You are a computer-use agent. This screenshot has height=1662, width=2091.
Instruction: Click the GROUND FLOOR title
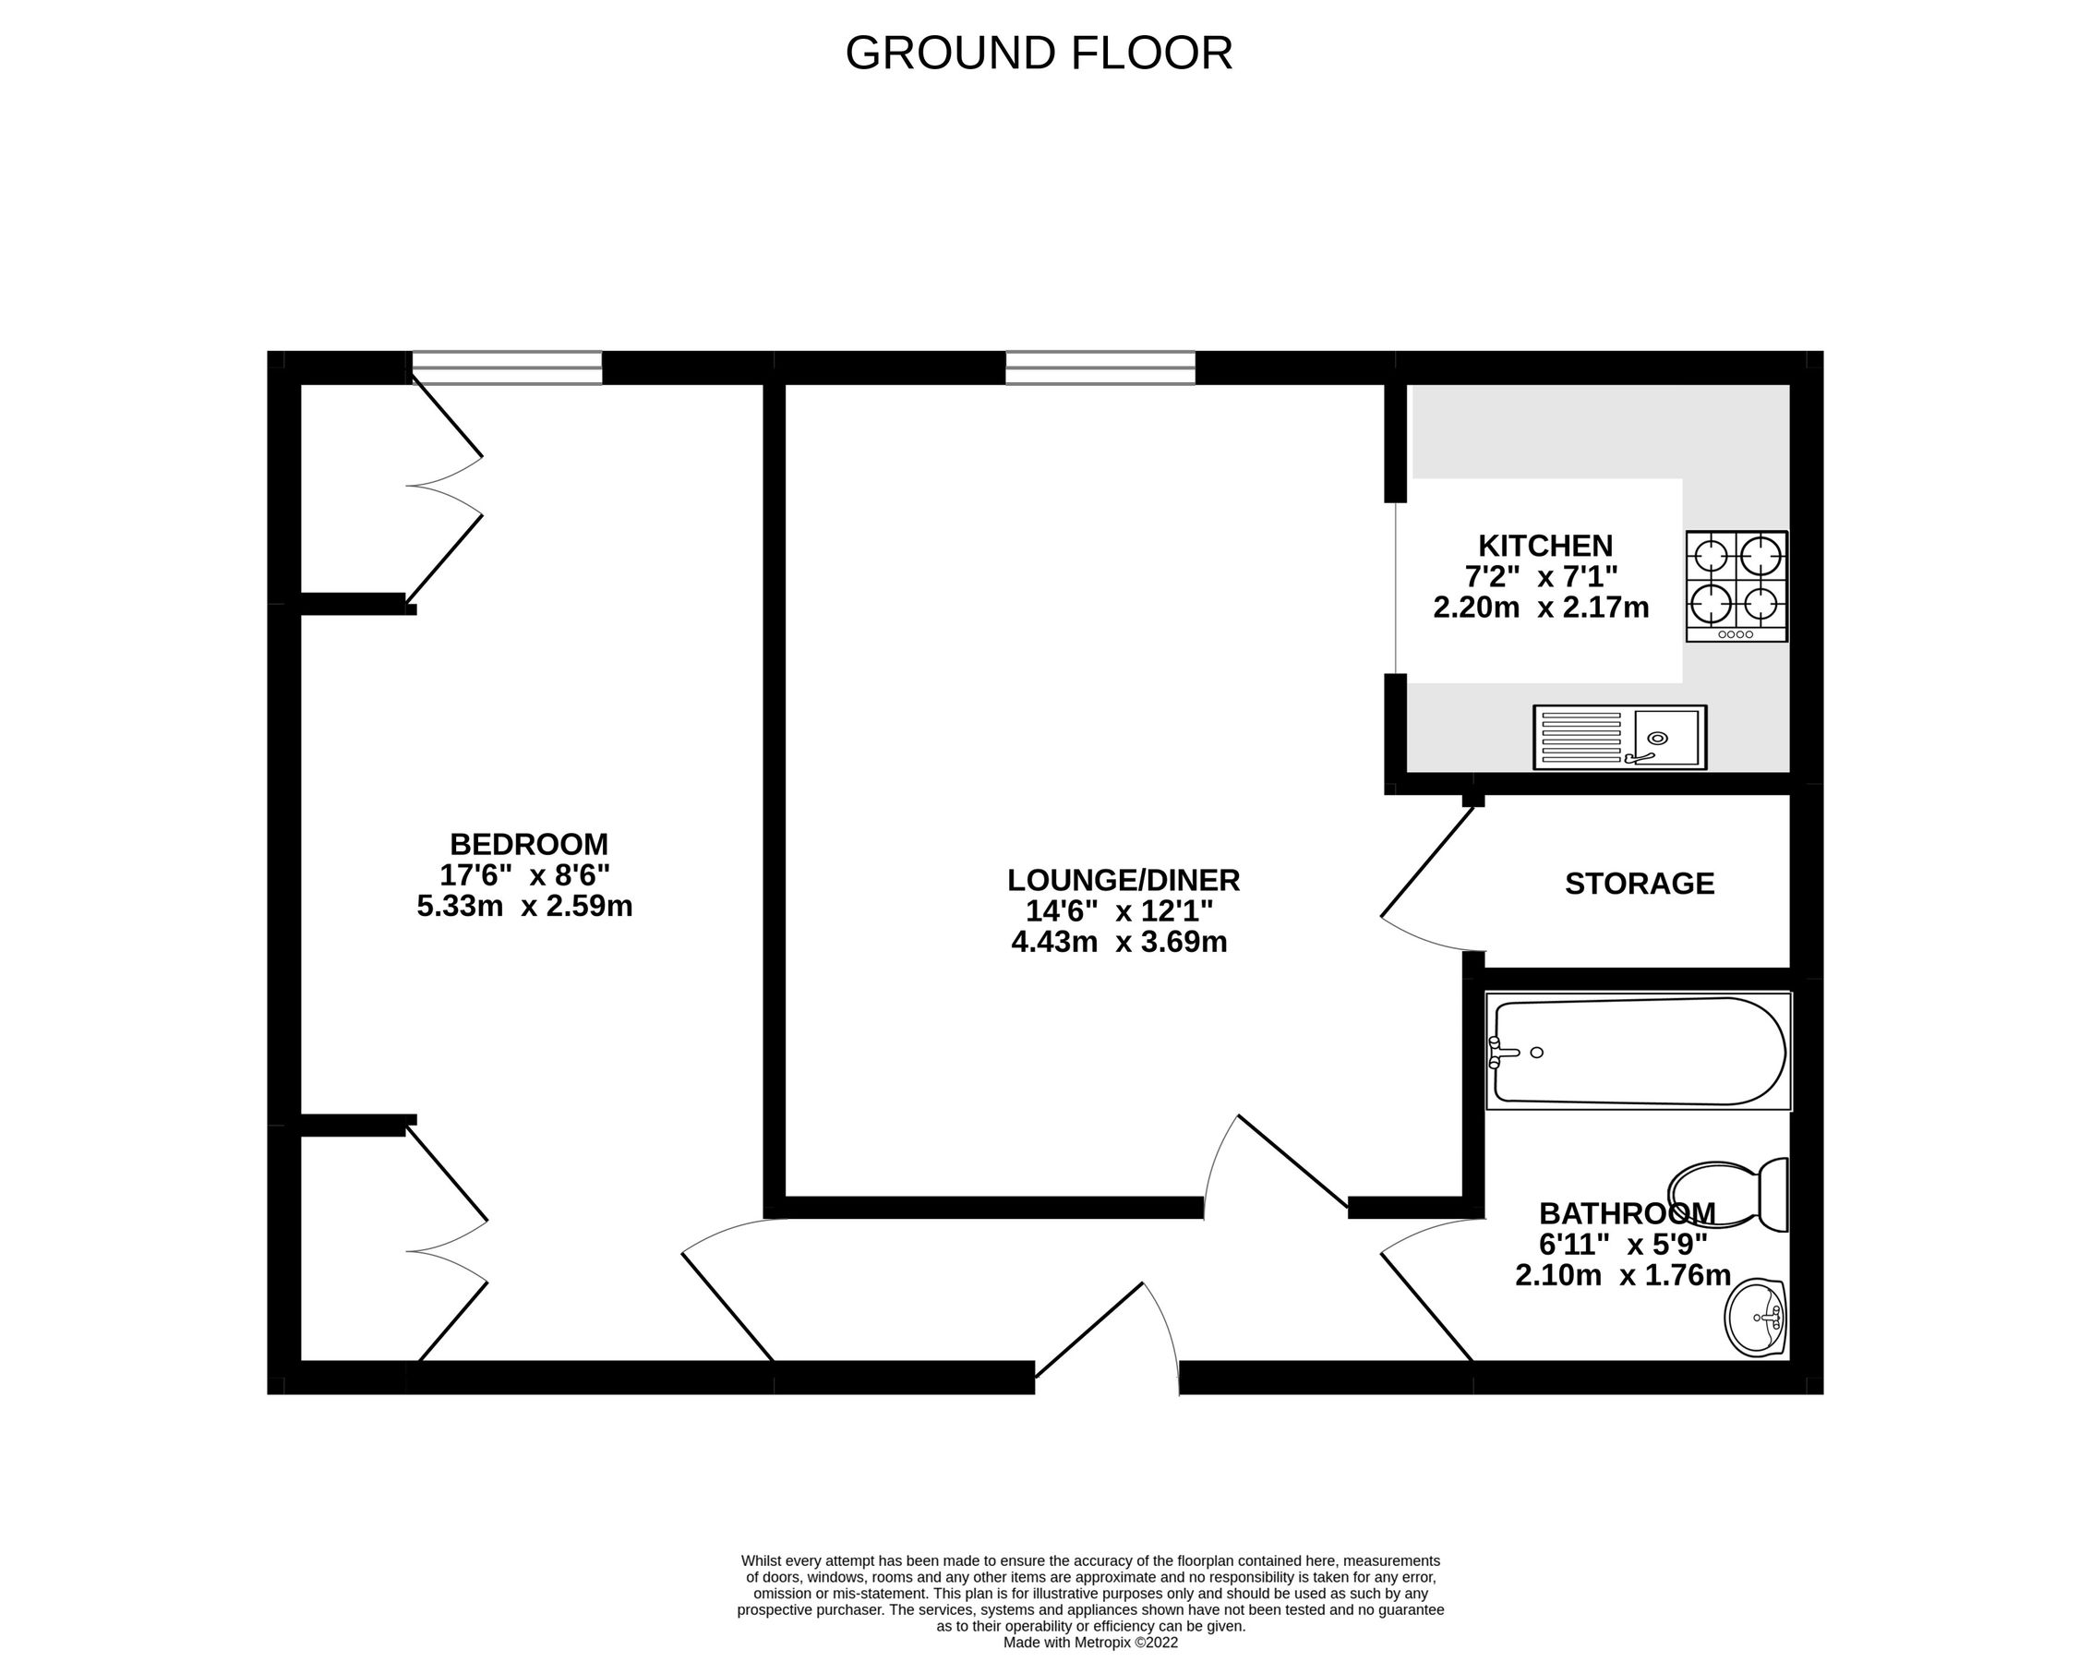point(1039,54)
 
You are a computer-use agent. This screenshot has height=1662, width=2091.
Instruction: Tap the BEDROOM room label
point(529,844)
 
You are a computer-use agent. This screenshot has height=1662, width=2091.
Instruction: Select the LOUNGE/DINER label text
point(1124,880)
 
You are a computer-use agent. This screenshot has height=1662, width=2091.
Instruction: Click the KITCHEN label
point(1545,546)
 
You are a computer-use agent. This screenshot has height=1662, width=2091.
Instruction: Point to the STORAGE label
point(1639,884)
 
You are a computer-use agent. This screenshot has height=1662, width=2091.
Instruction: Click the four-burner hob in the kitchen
point(1736,586)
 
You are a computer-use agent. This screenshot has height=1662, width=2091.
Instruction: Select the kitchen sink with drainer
point(1618,739)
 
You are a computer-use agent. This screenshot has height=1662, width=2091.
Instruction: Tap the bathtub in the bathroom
point(1638,1052)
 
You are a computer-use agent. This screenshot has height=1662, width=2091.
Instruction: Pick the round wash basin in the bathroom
point(1757,1318)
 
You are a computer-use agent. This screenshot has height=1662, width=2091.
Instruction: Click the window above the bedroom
point(506,368)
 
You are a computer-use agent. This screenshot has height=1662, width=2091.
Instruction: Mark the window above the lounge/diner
point(1100,368)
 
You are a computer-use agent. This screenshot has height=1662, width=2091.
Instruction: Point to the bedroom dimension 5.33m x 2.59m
point(524,907)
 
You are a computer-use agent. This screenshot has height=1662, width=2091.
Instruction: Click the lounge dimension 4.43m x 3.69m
point(1119,942)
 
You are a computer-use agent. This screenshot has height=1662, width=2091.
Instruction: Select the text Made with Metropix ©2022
point(1090,1617)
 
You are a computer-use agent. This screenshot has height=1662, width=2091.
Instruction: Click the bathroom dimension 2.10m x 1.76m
point(1623,1275)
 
